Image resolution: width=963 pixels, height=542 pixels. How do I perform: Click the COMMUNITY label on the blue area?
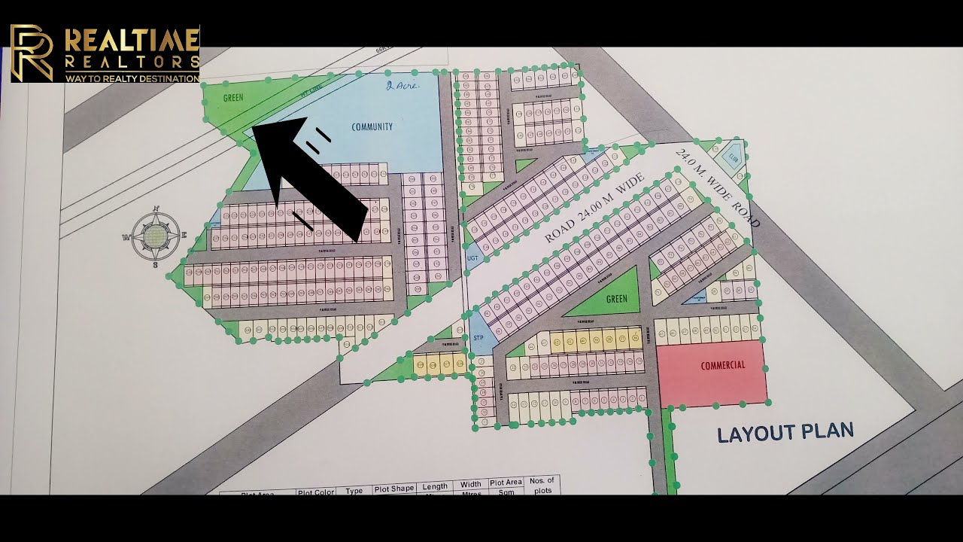point(372,126)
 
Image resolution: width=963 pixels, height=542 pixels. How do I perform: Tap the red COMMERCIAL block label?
point(722,366)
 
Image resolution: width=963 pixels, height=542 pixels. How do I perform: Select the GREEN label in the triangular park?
point(616,299)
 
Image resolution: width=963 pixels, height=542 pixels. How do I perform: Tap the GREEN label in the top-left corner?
point(233,98)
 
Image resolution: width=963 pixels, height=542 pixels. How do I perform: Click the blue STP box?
point(478,338)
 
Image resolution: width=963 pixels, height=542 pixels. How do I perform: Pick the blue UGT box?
point(472,258)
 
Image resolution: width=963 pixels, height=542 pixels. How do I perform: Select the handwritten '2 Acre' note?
point(400,86)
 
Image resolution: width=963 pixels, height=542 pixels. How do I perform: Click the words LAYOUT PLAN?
point(785,433)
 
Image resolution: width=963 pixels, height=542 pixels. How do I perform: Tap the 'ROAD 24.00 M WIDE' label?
point(594,209)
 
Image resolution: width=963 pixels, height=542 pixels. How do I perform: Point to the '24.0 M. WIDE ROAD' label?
point(718,188)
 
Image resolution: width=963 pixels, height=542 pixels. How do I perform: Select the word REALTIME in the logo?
point(132,39)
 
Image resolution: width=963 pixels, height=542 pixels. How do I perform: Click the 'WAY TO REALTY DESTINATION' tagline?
point(132,78)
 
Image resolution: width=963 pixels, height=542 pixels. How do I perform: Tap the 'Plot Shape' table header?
point(394,489)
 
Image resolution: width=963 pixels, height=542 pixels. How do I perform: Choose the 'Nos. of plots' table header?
point(542,485)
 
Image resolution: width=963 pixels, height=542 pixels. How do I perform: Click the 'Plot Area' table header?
point(506,483)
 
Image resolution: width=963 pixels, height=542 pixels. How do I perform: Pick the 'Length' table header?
point(435,486)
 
